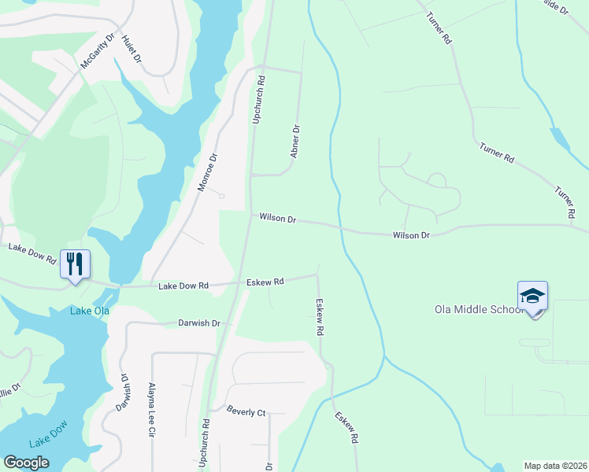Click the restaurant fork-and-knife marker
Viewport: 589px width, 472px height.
76,264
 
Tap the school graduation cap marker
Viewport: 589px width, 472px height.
532,297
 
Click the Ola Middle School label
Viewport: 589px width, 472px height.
479,309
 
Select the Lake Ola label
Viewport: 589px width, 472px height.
90,311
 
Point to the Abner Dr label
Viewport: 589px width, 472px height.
295,141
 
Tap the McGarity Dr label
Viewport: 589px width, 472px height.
98,51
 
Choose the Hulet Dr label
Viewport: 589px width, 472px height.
132,49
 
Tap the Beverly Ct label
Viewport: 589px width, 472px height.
246,411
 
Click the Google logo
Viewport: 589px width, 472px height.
26,463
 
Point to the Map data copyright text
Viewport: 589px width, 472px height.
555,466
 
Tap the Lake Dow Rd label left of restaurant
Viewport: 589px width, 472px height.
32,253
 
